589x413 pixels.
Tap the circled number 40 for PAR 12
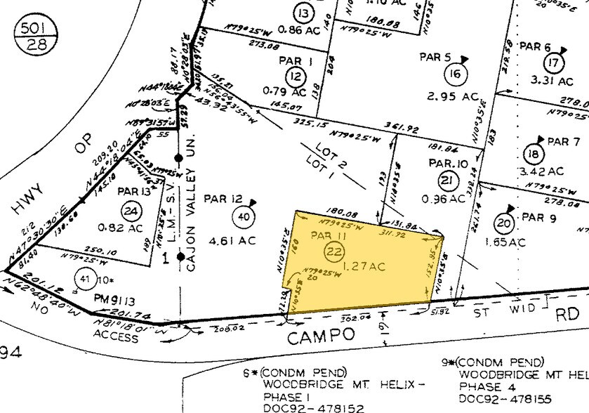pos(244,217)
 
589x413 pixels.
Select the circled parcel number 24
pos(129,209)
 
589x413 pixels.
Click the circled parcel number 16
pos(457,74)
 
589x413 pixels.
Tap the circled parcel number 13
pos(303,14)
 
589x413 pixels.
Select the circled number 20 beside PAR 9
pos(503,224)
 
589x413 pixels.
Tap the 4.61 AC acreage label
pos(225,240)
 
